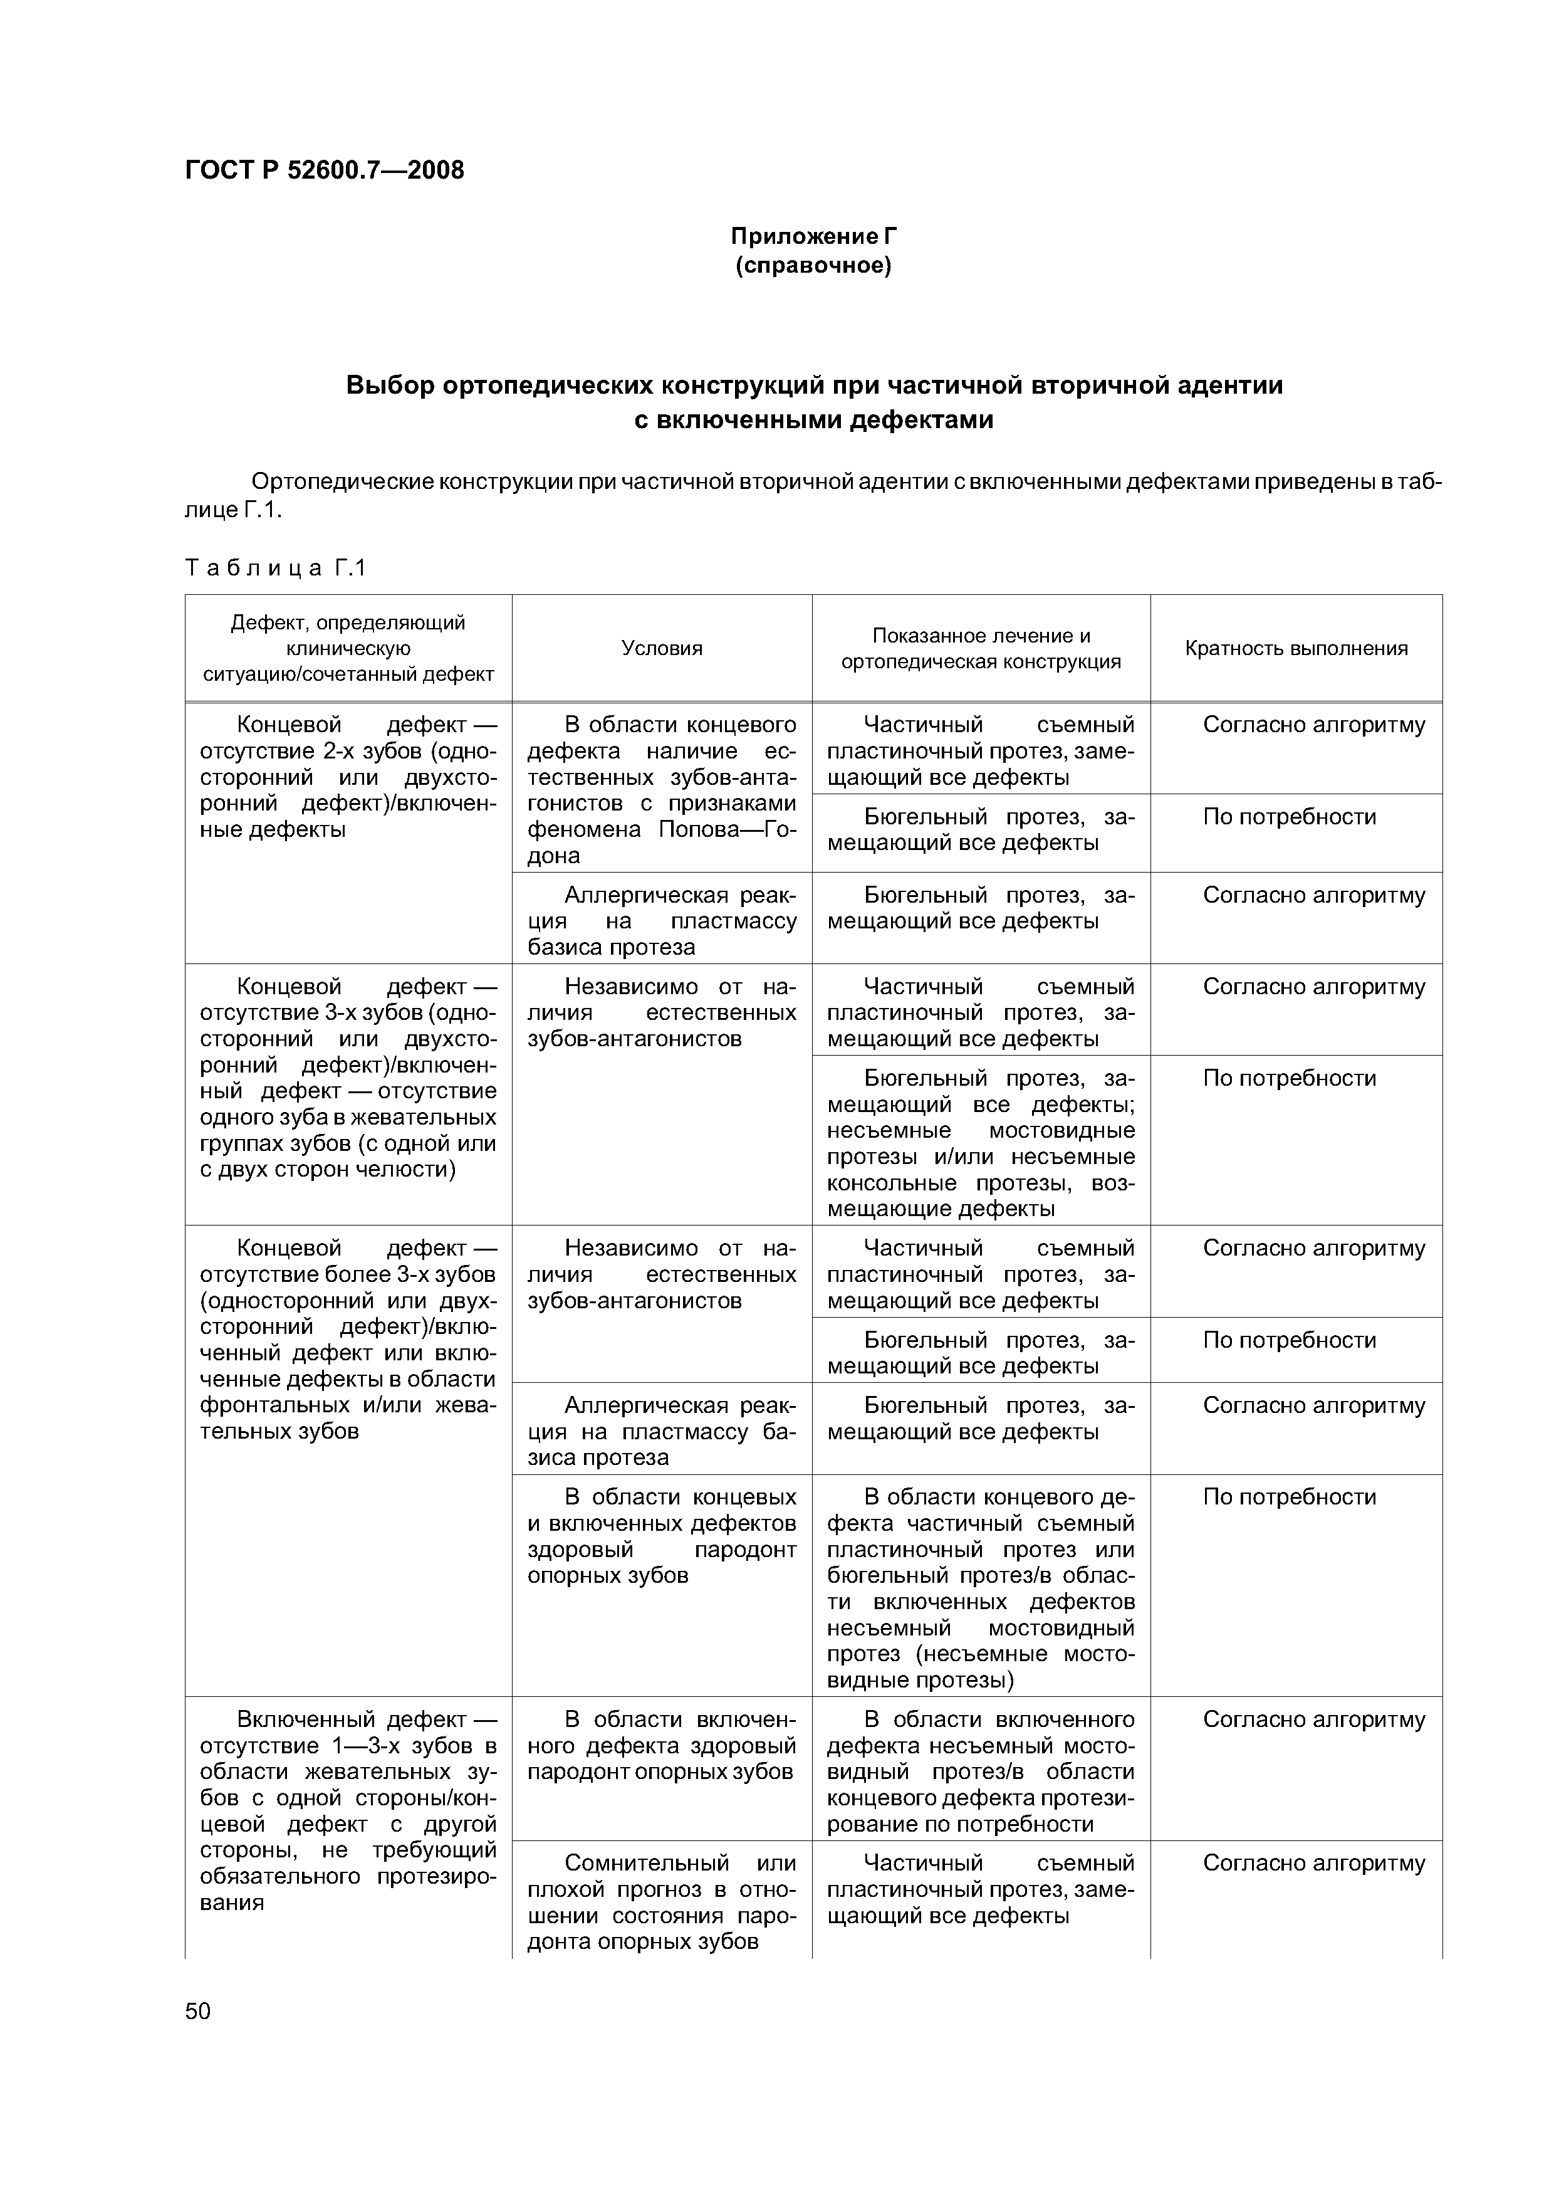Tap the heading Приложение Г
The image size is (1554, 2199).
[813, 236]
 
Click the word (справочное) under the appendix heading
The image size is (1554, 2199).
[813, 265]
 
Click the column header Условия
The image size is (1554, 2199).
[662, 648]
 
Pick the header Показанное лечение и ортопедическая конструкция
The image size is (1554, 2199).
[981, 648]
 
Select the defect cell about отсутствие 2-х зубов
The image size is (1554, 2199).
[348, 777]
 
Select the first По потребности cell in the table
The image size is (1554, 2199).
[1289, 817]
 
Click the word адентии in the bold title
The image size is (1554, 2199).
[1234, 386]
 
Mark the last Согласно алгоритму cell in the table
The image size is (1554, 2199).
[1313, 1863]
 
